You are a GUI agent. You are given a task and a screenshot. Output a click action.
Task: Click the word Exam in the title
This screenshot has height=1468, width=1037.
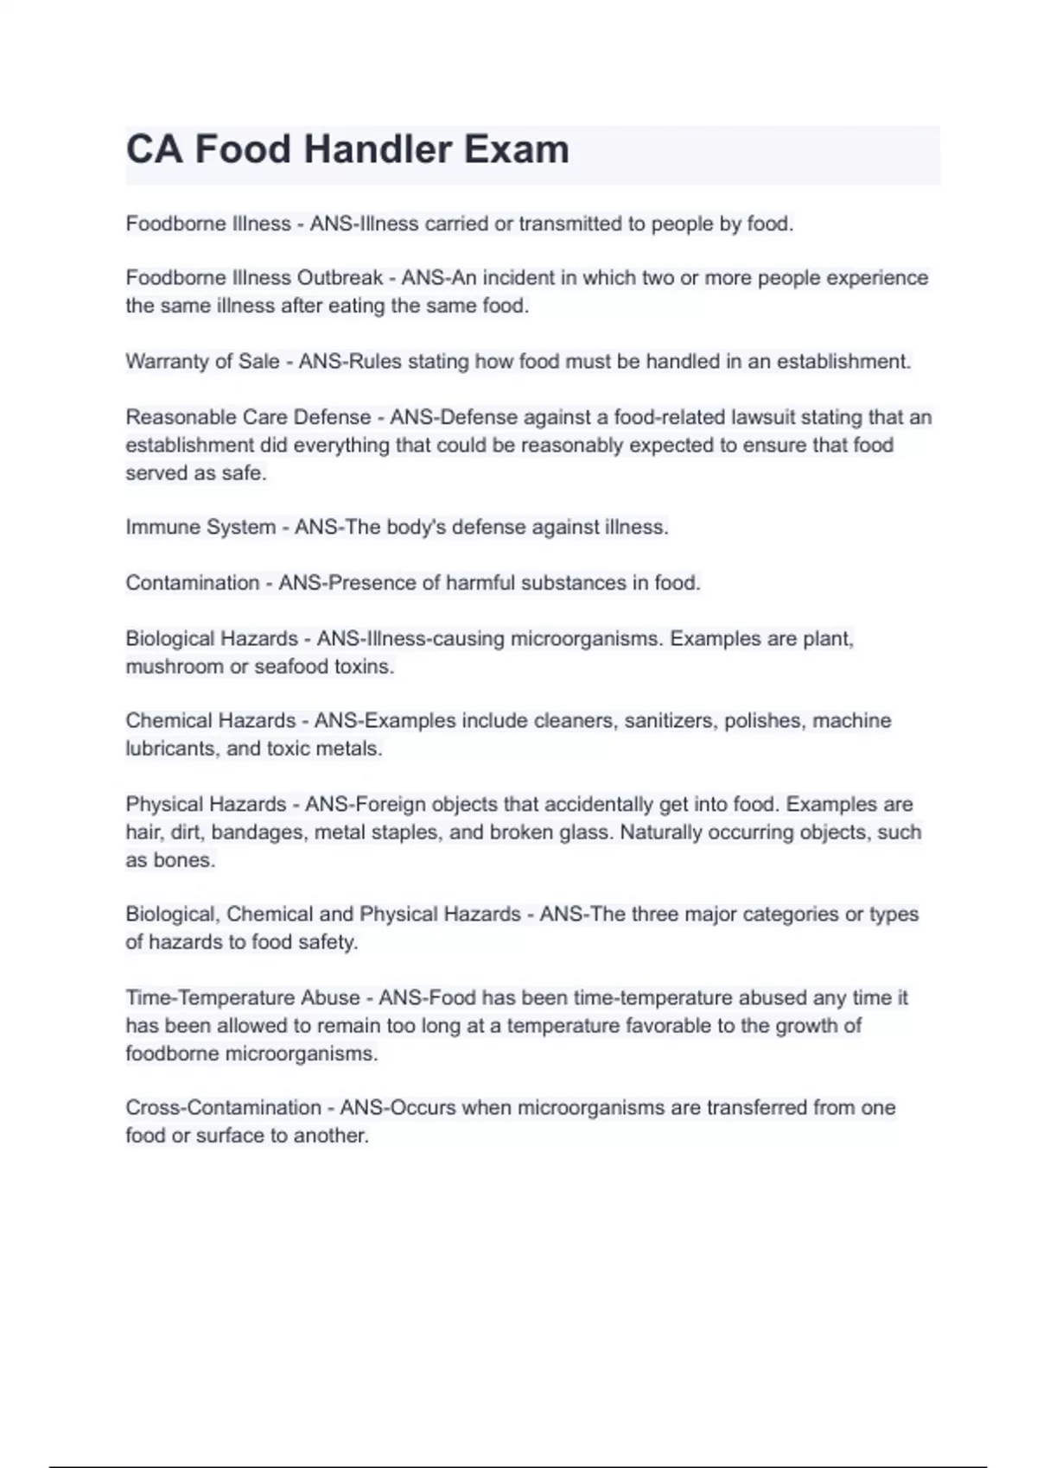(x=517, y=149)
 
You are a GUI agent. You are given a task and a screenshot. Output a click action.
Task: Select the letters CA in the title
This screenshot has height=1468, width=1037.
(x=155, y=149)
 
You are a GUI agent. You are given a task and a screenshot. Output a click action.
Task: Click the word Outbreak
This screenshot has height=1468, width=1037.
(x=340, y=278)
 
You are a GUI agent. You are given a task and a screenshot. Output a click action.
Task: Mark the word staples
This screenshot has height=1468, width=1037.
(x=405, y=832)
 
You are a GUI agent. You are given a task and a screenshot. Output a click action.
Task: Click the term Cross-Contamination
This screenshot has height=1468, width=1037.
(x=223, y=1107)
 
